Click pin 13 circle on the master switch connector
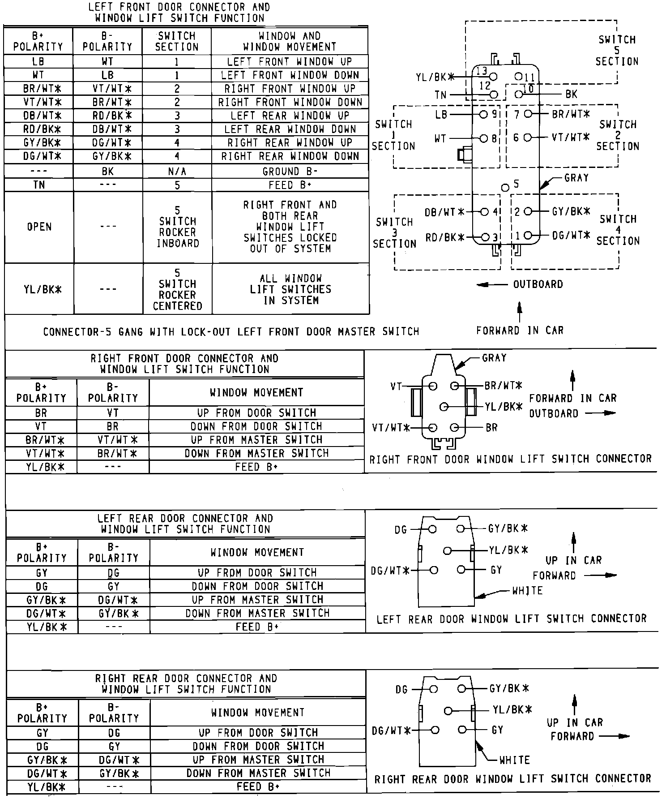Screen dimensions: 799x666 494,77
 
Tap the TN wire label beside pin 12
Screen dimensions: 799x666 440,95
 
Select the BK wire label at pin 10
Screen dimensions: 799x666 572,95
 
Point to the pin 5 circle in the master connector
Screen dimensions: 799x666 505,187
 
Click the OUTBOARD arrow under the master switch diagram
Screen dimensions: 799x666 492,285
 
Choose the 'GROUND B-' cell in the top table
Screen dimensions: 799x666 290,172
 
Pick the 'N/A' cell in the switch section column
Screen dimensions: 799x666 177,172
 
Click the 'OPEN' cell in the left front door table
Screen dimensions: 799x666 39,227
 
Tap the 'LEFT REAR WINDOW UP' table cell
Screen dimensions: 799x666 290,116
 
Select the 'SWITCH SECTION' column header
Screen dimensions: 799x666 177,41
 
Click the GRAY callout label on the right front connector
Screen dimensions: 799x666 494,358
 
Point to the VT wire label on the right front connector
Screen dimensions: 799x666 396,386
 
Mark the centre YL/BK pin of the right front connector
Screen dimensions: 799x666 444,407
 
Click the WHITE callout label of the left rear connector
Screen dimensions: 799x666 527,591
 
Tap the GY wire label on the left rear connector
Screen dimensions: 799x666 496,570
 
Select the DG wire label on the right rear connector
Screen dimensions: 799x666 401,690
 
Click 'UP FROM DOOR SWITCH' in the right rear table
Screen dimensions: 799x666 258,733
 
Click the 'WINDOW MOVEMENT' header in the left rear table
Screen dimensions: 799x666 257,552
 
